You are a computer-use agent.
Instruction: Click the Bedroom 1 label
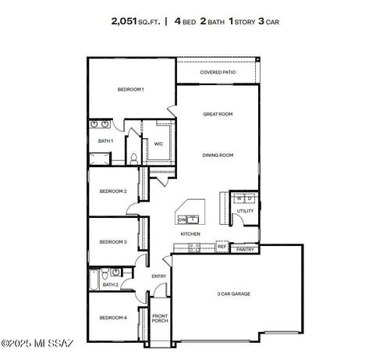130,90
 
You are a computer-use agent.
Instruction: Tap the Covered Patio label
218,72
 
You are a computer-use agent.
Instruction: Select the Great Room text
218,114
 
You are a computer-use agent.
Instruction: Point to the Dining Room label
218,155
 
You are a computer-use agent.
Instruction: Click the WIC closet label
158,144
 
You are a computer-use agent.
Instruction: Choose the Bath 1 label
105,141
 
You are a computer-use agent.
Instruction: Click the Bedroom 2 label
113,191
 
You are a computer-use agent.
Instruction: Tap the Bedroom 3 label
113,242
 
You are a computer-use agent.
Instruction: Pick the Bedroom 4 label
113,318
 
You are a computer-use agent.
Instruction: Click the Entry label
158,276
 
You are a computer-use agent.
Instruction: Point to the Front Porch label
159,319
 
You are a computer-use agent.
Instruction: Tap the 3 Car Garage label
234,294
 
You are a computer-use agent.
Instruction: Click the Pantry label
245,250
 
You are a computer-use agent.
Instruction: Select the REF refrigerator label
222,247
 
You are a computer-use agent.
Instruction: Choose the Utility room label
245,211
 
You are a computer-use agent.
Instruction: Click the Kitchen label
190,233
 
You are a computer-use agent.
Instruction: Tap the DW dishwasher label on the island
182,220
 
